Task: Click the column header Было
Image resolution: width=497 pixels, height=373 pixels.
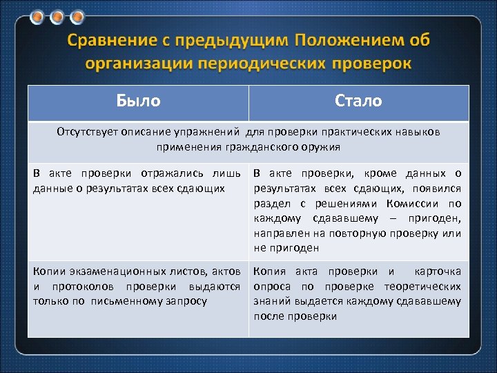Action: point(138,101)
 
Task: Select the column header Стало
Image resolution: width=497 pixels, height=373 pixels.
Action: point(358,101)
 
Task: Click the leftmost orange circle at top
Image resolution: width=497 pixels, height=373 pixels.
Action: point(38,17)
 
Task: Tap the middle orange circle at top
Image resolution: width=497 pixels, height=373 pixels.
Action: point(57,17)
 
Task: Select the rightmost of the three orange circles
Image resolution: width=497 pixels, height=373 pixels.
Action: point(77,17)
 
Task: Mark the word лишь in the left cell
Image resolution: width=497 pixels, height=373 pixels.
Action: point(231,173)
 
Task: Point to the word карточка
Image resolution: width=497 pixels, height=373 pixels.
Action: point(438,271)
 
